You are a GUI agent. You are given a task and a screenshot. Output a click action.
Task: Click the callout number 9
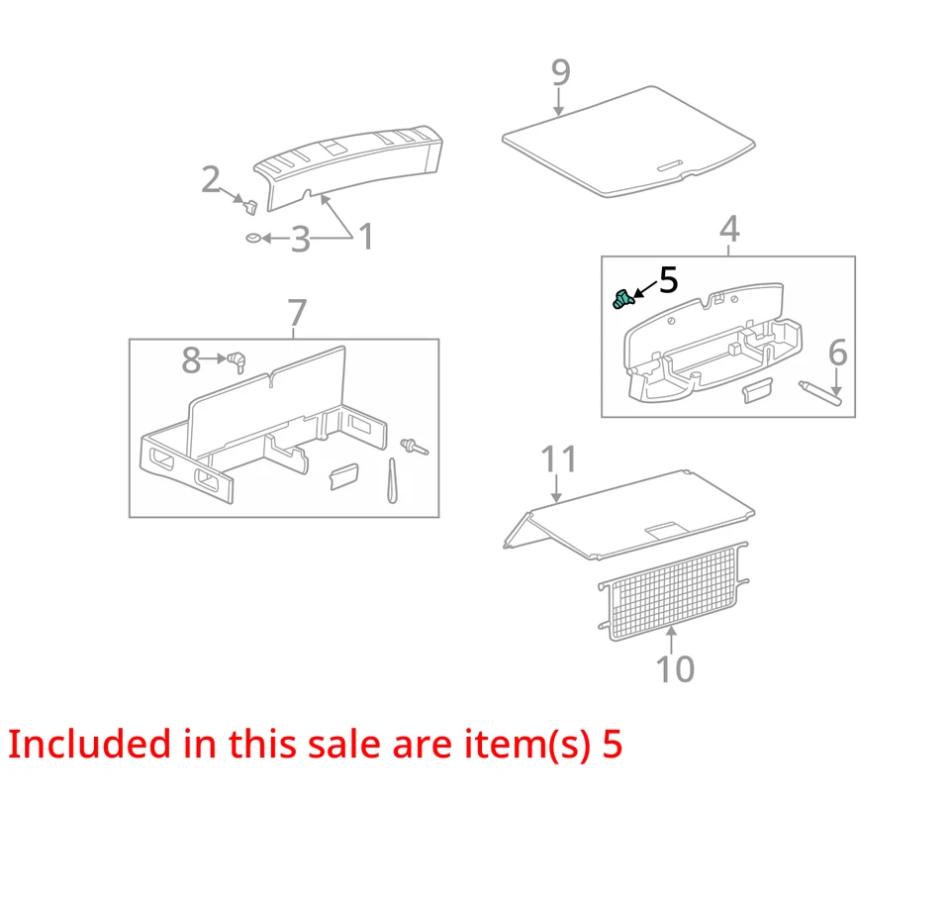[560, 72]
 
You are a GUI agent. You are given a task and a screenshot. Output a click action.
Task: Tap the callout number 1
[366, 238]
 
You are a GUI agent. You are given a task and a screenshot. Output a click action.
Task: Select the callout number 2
[211, 180]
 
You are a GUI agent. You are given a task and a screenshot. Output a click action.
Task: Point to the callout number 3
[300, 240]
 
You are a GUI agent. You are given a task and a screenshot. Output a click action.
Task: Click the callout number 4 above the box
[728, 230]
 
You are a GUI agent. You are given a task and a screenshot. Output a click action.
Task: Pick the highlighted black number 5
[669, 280]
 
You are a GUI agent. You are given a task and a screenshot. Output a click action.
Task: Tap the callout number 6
[837, 353]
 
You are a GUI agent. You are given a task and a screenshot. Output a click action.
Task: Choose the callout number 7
[297, 313]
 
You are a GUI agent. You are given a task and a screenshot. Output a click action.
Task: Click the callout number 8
[191, 360]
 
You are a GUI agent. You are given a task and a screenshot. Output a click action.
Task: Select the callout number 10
[675, 669]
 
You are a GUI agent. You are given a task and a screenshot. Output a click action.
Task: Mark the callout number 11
[558, 459]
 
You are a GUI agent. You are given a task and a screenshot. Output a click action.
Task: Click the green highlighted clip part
[622, 297]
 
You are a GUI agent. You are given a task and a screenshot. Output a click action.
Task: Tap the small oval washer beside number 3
[253, 239]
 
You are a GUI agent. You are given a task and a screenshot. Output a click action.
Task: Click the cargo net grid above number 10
[673, 592]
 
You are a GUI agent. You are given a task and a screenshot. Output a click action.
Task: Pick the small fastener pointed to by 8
[237, 361]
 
